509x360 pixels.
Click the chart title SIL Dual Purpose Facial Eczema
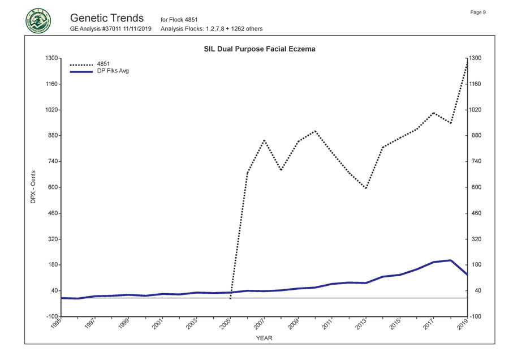pos(259,49)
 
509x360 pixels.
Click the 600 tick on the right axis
pos(476,187)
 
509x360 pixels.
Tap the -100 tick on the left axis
pos(51,316)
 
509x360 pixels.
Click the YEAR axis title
pos(264,338)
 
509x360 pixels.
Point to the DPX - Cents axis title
pos(33,187)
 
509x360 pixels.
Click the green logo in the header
pos(38,21)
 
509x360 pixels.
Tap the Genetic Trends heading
pos(107,18)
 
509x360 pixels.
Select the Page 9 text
pos(478,12)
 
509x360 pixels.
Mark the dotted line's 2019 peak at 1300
pos(467,59)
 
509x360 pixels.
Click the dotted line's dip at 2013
pos(366,188)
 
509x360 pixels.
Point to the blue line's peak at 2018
pos(450,260)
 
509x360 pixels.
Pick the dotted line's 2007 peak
pos(264,140)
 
